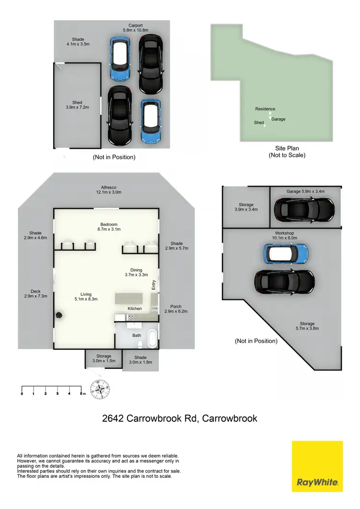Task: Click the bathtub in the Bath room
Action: [x=152, y=338]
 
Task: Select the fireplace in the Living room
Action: [x=60, y=315]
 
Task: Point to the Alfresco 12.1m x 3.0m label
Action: [x=108, y=190]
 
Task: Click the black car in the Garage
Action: [x=304, y=209]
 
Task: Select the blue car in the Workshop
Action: [x=286, y=253]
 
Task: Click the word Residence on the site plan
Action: [x=265, y=109]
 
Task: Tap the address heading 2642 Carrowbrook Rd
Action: [x=180, y=418]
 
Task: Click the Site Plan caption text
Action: [x=287, y=152]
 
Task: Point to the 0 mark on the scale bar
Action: [x=22, y=393]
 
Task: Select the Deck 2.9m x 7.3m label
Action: [x=36, y=294]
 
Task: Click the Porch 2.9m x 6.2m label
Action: [x=176, y=309]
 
